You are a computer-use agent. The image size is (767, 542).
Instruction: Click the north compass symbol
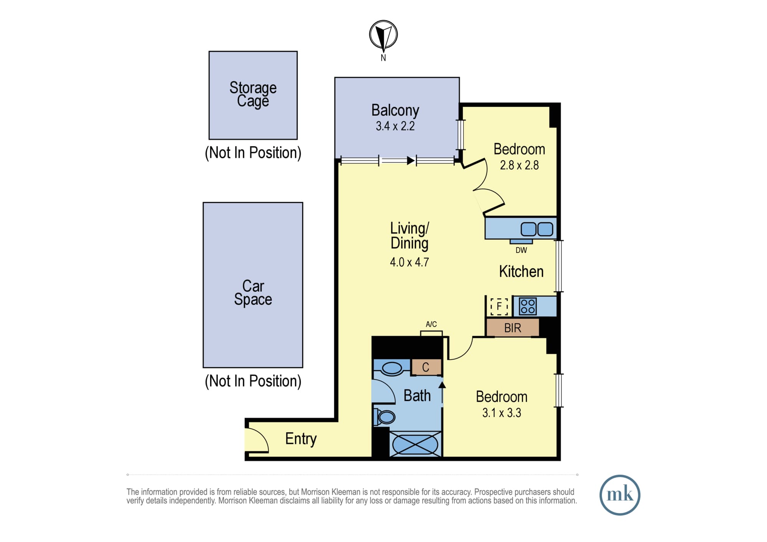(383, 34)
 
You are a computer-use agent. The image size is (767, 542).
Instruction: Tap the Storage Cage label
(253, 94)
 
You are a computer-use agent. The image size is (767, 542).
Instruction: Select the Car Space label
(253, 292)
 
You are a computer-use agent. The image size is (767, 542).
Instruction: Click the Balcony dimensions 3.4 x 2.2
(395, 126)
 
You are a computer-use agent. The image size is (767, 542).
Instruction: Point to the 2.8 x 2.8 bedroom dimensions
(519, 165)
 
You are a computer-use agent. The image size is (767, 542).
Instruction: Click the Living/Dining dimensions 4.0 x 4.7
(410, 262)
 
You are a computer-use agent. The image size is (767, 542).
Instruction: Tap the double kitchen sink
(537, 229)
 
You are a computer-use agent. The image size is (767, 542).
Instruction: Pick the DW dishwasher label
(521, 250)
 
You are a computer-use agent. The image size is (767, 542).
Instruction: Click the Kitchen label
(521, 271)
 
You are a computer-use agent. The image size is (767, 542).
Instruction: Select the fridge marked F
(499, 307)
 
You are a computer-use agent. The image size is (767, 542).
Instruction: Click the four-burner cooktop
(528, 307)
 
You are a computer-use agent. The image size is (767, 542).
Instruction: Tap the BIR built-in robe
(513, 328)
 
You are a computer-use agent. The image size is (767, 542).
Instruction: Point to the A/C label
(431, 324)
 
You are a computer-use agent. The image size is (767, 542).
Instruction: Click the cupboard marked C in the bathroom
(426, 367)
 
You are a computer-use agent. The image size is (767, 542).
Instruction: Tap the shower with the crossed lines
(415, 444)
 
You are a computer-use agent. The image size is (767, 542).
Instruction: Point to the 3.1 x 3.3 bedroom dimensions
(502, 413)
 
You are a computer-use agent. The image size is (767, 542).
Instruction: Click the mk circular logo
(620, 495)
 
